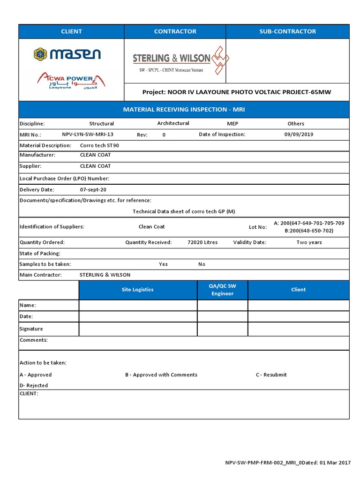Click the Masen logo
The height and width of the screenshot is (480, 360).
coord(67,54)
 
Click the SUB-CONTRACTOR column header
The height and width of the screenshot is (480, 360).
coord(287,31)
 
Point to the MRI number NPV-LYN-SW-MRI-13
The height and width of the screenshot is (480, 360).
coord(88,134)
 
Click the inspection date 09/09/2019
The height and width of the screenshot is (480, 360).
coord(299,134)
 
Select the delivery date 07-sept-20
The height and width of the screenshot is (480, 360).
coord(93,190)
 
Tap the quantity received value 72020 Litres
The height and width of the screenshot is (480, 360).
coord(202,242)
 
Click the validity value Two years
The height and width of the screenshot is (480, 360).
coord(309,242)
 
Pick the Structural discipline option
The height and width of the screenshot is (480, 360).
coord(101,124)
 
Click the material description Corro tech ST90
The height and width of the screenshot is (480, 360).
coord(99,145)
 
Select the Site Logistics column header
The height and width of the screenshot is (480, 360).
coord(137,290)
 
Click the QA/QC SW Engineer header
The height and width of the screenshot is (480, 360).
coord(223,290)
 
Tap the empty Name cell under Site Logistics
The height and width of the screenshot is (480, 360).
coord(137,305)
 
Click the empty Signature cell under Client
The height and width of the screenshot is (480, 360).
coord(298,329)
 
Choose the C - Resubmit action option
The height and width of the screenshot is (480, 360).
coord(271,375)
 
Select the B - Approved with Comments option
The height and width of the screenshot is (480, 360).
coord(161,375)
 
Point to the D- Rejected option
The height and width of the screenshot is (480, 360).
coord(34,385)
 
